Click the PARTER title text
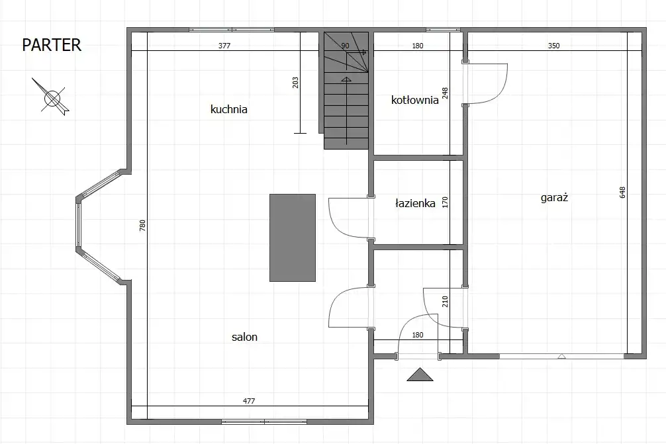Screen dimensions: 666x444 click(52, 45)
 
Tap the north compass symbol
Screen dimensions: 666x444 click(52, 98)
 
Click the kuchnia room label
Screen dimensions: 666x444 click(229, 109)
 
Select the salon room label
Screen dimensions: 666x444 click(245, 337)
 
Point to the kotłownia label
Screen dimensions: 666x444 click(414, 100)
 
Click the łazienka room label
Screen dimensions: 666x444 click(415, 203)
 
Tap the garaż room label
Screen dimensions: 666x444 click(554, 198)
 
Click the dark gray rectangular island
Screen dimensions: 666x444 click(293, 238)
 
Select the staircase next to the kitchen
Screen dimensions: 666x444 click(346, 91)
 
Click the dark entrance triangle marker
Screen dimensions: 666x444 click(420, 375)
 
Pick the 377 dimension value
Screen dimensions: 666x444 click(224, 46)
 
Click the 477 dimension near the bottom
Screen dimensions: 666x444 click(249, 401)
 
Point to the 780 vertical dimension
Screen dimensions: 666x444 click(143, 225)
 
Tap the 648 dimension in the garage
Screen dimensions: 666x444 click(623, 193)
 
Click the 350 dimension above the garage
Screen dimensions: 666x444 click(554, 46)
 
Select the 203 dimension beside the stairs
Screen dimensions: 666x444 click(296, 82)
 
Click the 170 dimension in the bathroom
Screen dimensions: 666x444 click(445, 202)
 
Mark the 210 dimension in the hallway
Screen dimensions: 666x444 click(445, 302)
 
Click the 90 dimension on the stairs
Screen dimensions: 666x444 click(345, 46)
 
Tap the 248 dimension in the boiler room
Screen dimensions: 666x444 click(445, 93)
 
